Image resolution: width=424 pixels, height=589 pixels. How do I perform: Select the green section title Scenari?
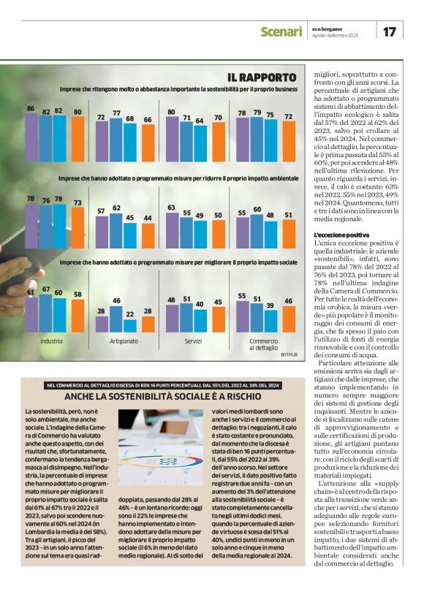pyautogui.click(x=281, y=31)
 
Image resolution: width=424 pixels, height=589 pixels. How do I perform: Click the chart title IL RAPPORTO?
pyautogui.click(x=261, y=77)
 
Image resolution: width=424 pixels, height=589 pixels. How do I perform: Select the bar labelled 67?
pyautogui.click(x=45, y=312)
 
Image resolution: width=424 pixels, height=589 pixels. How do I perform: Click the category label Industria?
pyautogui.click(x=52, y=341)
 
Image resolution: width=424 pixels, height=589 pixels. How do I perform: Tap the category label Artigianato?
pyautogui.click(x=124, y=341)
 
